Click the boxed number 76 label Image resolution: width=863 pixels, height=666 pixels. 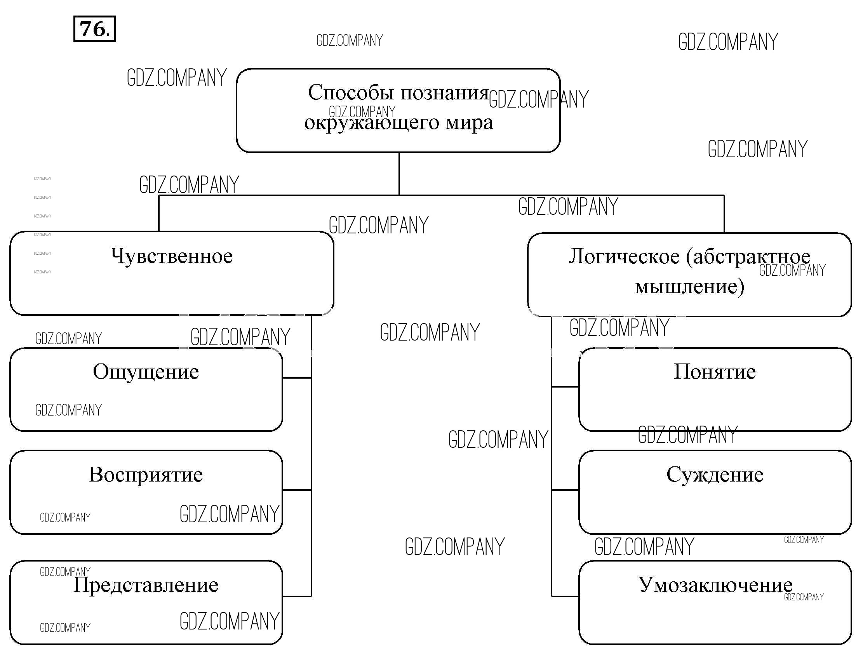tap(94, 29)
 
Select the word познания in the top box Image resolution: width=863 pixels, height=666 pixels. tap(445, 93)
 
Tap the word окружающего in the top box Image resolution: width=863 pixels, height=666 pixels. tap(371, 123)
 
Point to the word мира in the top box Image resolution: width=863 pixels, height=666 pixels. tap(470, 123)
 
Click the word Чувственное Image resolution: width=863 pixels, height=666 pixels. tap(172, 256)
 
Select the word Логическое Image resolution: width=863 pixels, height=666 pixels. tap(624, 257)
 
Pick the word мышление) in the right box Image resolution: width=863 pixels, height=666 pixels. tap(689, 287)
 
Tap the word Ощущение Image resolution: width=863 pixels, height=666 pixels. tap(146, 372)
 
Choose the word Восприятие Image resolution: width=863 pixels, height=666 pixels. tap(146, 475)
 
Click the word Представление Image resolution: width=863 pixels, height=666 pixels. tap(146, 585)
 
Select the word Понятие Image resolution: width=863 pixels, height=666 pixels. tap(714, 372)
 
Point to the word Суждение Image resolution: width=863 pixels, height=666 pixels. tap(714, 475)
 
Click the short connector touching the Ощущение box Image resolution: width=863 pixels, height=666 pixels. tap(297, 378)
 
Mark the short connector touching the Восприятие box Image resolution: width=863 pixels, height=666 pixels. tap(297, 490)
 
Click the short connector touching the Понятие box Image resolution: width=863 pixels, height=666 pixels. tap(565, 387)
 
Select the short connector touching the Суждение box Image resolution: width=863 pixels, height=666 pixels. tap(565, 490)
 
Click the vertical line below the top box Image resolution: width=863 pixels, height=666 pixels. tap(399, 174)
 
